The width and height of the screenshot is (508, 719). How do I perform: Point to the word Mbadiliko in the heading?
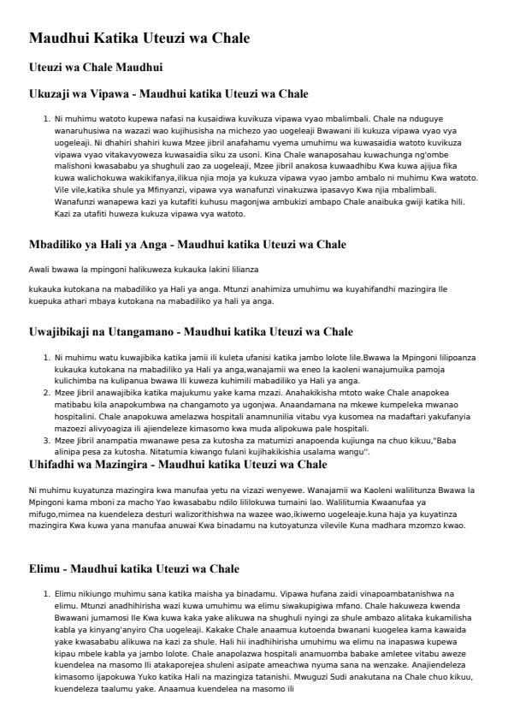click(62, 244)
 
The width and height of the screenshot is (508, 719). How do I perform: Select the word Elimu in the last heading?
click(46, 568)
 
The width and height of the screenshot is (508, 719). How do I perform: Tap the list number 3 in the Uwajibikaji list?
click(46, 436)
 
